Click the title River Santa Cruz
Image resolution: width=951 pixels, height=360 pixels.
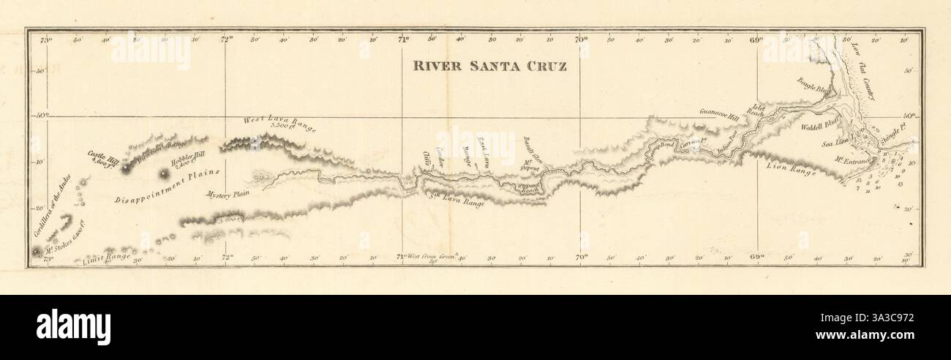click(x=490, y=64)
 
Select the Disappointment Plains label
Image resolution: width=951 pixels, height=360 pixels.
click(x=166, y=186)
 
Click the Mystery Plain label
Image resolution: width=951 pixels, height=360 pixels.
click(x=229, y=195)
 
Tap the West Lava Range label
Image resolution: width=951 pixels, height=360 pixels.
click(x=281, y=123)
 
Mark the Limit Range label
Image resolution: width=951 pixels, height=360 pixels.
click(x=107, y=255)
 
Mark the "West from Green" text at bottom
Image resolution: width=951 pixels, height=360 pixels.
click(x=432, y=256)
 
